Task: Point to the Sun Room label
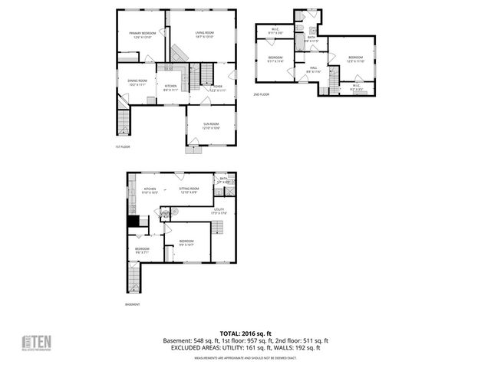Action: [x=211, y=125]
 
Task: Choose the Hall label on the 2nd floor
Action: [x=313, y=69]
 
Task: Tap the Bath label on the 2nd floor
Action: [x=311, y=38]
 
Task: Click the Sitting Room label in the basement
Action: [x=189, y=189]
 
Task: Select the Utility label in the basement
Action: [x=219, y=210]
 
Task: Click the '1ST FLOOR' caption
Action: [x=123, y=146]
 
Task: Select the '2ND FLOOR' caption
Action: [x=262, y=94]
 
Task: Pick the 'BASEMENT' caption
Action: [x=133, y=304]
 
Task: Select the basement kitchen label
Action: [x=150, y=189]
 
